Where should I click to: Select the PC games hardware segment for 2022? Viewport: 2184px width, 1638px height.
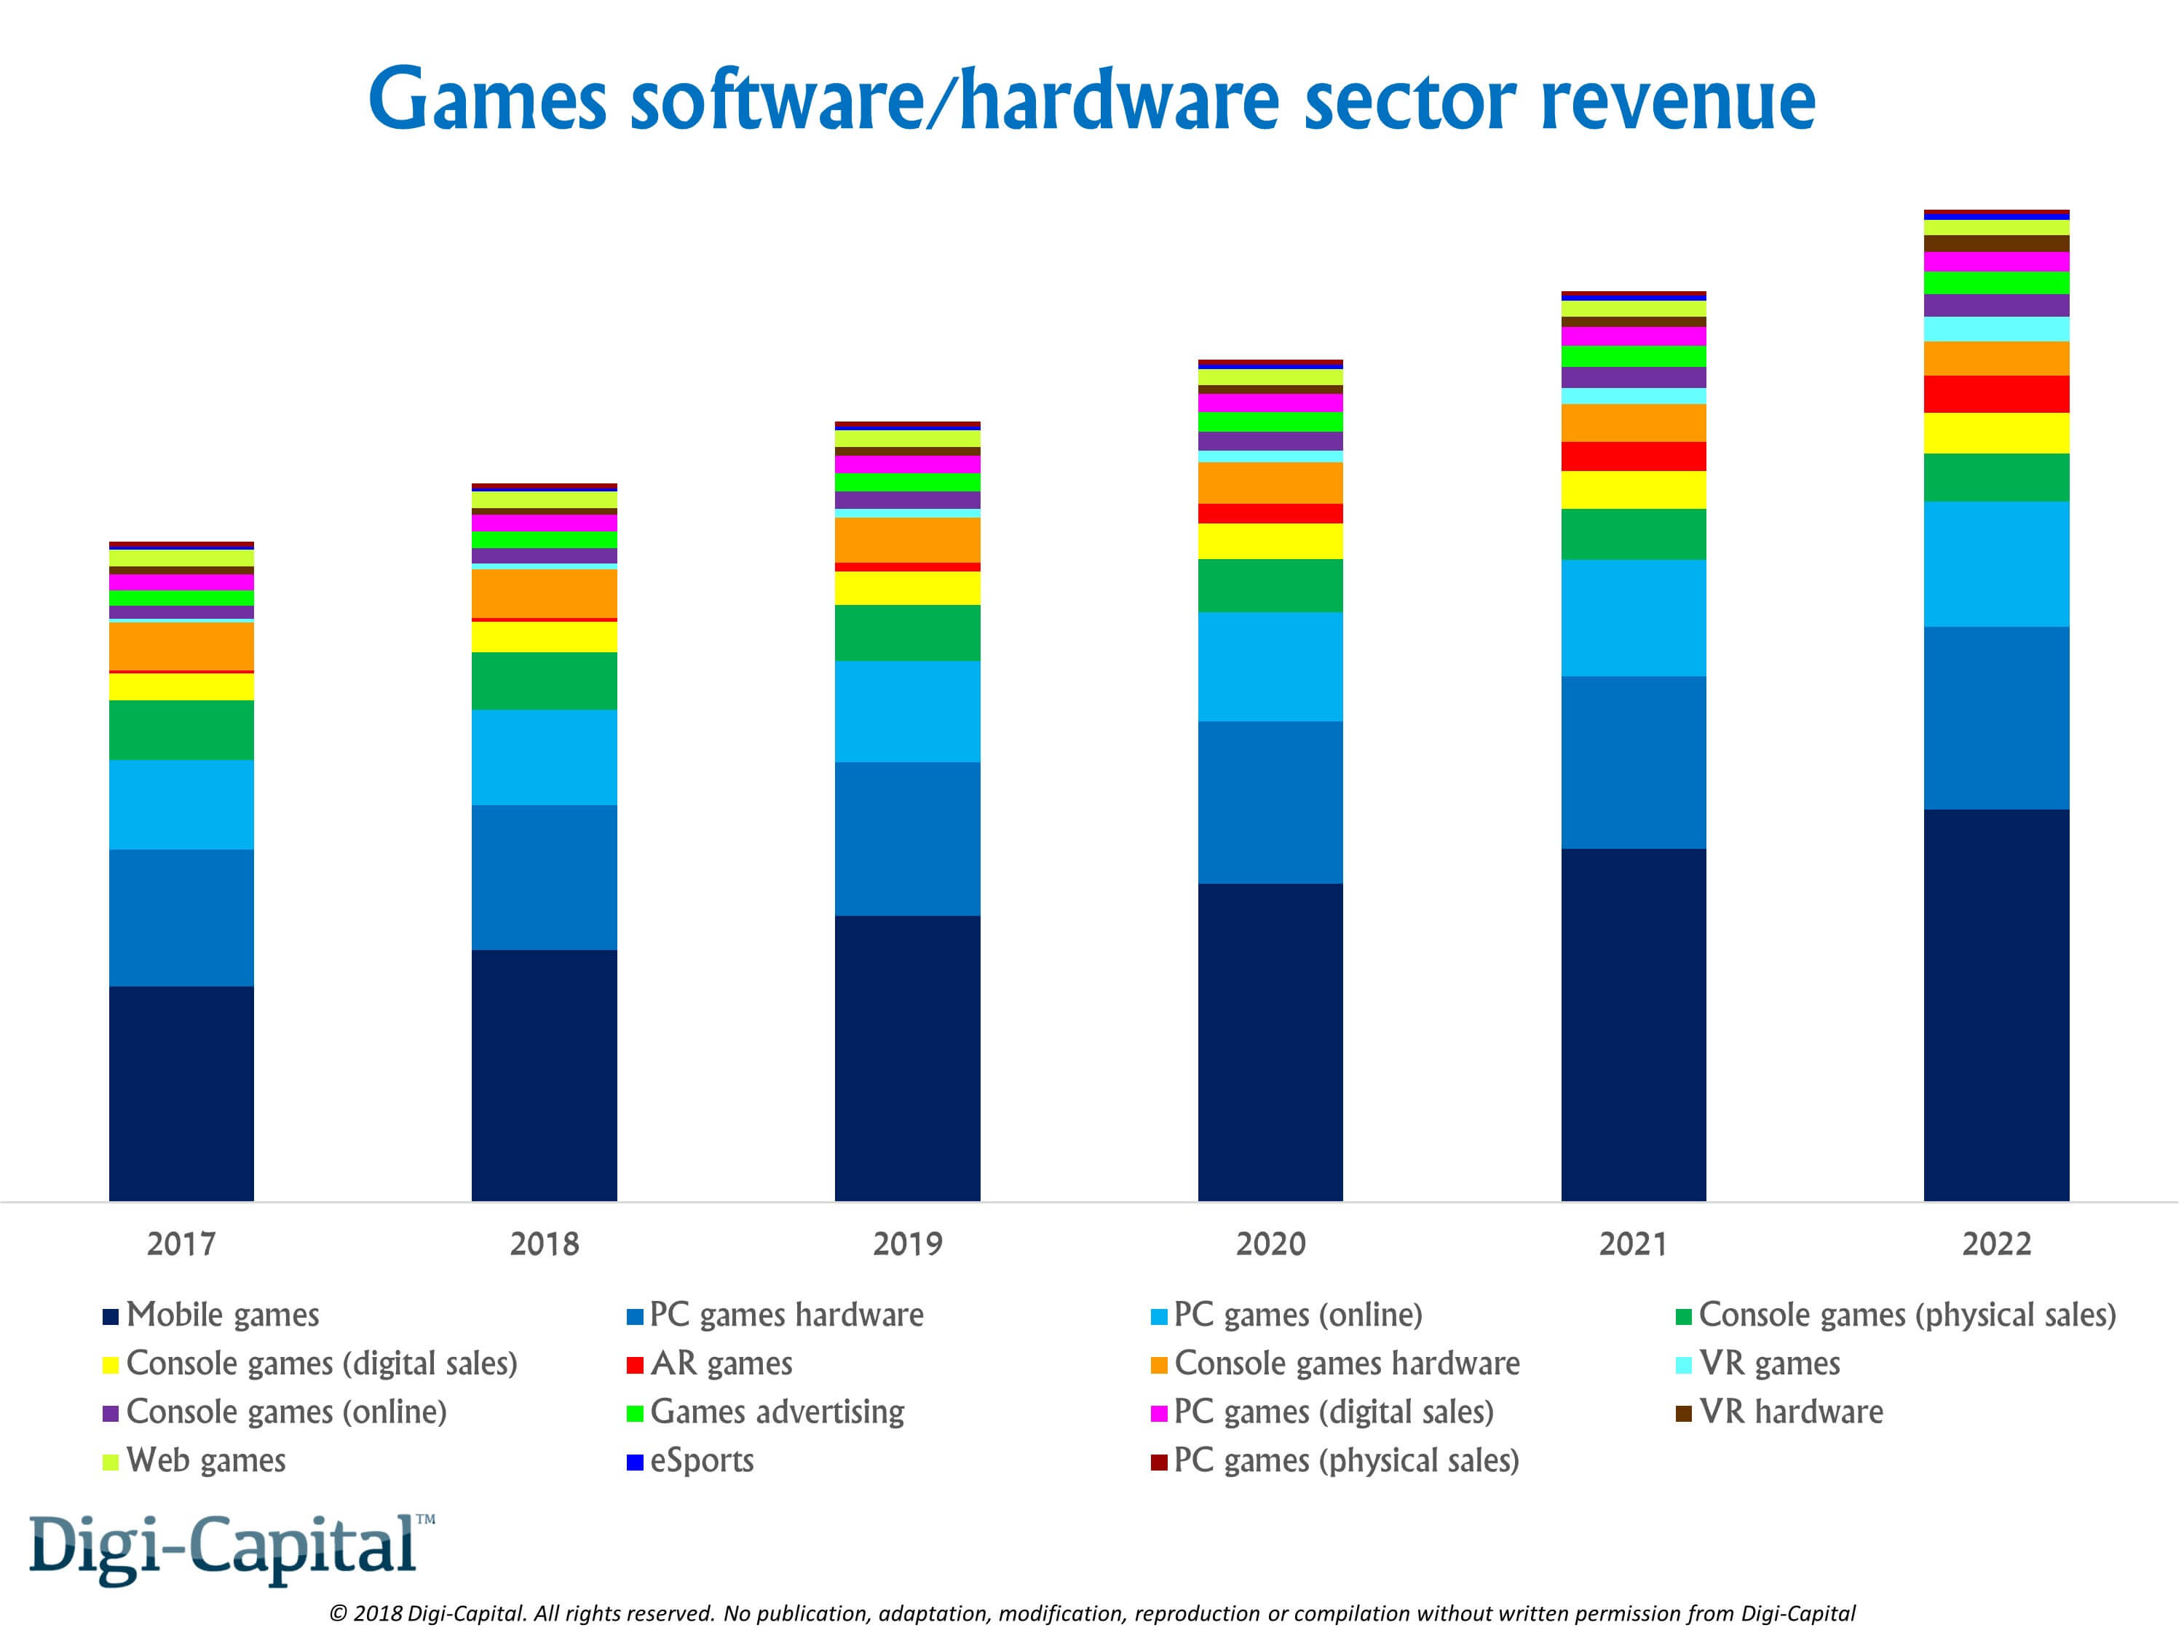click(1995, 718)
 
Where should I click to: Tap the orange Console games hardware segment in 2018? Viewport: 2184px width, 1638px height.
click(544, 593)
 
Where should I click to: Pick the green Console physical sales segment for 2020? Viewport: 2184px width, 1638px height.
click(1270, 585)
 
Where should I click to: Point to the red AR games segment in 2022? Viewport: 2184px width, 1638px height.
click(1995, 394)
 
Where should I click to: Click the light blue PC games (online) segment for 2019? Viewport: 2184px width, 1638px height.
click(907, 711)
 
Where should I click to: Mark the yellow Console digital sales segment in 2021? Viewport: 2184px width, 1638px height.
click(1633, 490)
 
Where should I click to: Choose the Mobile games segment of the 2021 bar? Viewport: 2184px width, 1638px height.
click(1633, 1024)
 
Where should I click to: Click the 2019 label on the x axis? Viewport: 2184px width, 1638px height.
click(907, 1243)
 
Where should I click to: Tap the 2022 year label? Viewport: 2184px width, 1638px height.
click(1995, 1243)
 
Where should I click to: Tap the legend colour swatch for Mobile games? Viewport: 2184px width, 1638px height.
click(111, 1316)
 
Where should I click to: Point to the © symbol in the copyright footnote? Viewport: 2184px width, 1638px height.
click(338, 1613)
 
